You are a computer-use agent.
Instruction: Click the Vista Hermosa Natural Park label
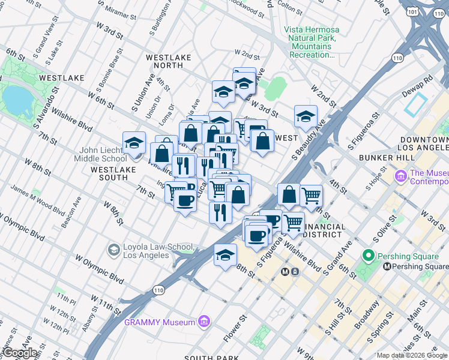312,42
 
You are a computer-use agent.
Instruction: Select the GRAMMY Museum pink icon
204,322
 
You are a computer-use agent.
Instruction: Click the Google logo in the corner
20,353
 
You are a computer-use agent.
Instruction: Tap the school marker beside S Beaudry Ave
306,116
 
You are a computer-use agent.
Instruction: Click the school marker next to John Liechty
134,143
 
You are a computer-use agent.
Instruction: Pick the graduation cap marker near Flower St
224,255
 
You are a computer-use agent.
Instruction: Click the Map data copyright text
412,355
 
